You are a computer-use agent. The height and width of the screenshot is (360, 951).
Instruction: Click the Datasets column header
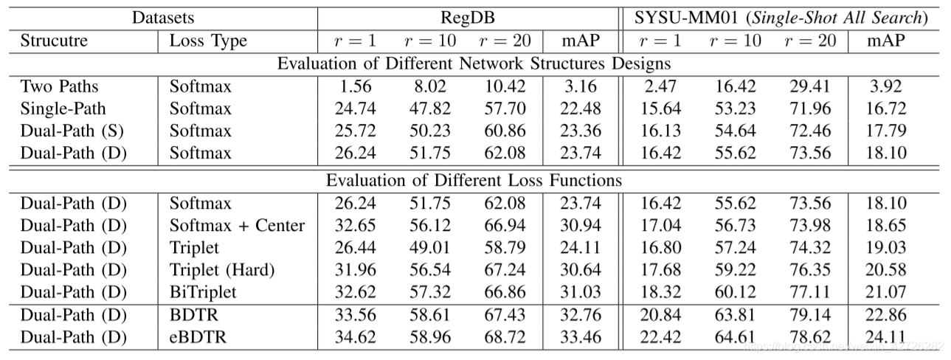pos(163,18)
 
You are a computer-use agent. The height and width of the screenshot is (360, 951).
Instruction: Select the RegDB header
pos(468,18)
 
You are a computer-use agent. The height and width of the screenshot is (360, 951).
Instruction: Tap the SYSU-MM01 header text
pos(781,18)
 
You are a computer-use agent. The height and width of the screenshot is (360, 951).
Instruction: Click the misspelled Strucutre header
pos(54,41)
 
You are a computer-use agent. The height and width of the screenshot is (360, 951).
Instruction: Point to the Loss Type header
pos(208,41)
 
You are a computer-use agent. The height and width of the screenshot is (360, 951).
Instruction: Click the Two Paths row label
pos(59,86)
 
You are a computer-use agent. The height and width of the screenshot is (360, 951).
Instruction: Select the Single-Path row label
pos(63,108)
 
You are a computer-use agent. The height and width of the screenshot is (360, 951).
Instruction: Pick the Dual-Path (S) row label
pos(72,131)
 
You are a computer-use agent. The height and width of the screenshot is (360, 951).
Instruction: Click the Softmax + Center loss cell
pos(237,226)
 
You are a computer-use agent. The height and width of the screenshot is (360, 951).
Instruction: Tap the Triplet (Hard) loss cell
pos(222,270)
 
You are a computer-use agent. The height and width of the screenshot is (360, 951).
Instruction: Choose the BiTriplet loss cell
pos(202,292)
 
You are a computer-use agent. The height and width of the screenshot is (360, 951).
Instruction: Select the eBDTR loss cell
pos(198,337)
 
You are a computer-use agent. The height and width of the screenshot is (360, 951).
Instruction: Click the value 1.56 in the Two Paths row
pos(356,86)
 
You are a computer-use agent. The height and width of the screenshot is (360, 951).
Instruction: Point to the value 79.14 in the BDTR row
pos(810,315)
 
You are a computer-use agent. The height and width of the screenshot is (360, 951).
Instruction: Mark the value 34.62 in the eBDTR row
pos(356,337)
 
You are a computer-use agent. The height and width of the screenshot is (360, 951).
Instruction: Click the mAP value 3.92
pos(885,86)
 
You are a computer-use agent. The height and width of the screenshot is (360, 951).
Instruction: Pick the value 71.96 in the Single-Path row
pos(810,108)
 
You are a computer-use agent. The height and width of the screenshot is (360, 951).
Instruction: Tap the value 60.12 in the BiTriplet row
pos(736,292)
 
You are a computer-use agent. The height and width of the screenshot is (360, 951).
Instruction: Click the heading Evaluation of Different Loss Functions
pos(474,181)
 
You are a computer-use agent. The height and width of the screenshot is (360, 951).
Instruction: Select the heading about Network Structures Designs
pos(474,63)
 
